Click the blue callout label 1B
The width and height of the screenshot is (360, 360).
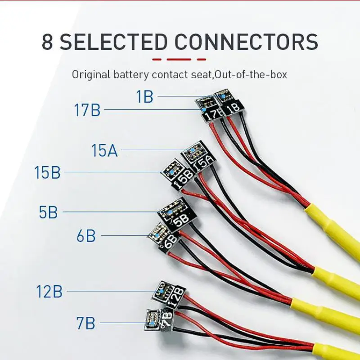pyautogui.click(x=145, y=97)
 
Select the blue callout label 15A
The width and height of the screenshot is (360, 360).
pyautogui.click(x=104, y=151)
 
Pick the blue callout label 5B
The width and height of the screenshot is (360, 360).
pyautogui.click(x=48, y=212)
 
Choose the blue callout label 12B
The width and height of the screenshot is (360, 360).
pyautogui.click(x=49, y=292)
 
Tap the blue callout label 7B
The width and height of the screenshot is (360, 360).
pyautogui.click(x=85, y=323)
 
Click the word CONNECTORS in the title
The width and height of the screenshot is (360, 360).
pyautogui.click(x=247, y=42)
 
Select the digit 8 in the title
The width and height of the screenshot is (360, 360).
pyautogui.click(x=47, y=42)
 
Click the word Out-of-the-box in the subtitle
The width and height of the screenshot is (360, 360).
pyautogui.click(x=251, y=74)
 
